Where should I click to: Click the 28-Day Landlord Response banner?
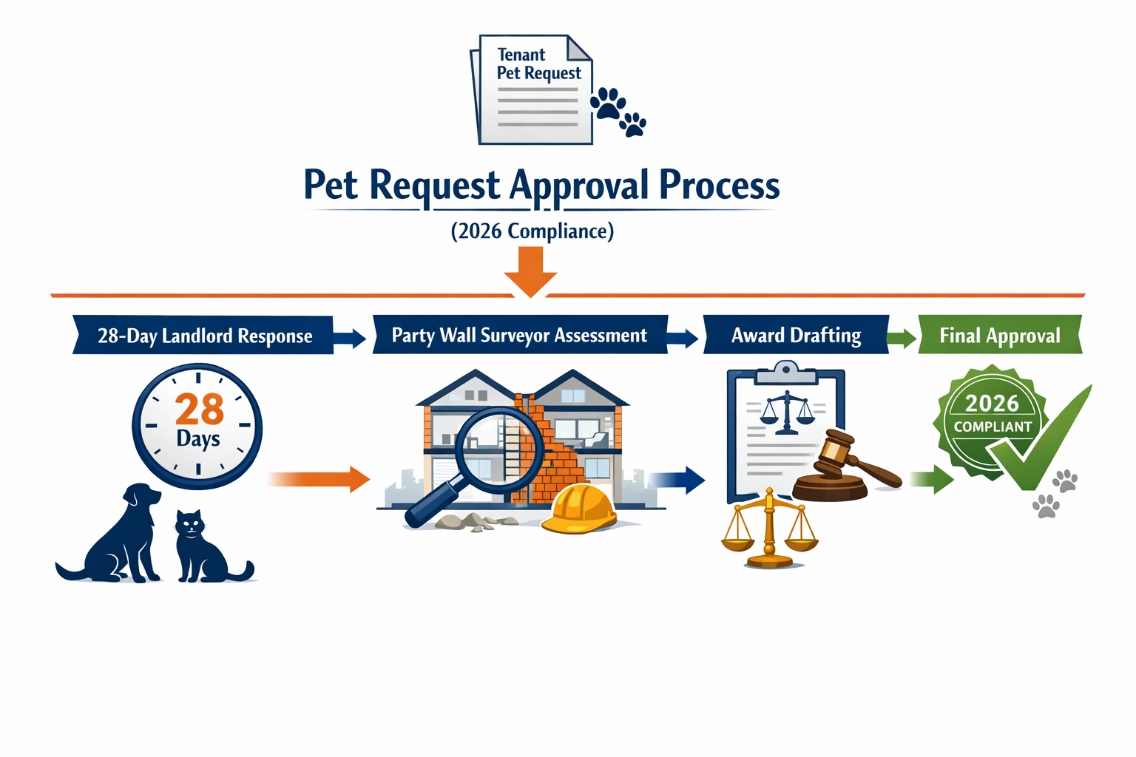click(x=204, y=336)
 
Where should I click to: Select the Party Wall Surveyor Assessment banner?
click(x=519, y=335)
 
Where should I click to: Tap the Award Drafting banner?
click(x=796, y=335)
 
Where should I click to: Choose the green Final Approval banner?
click(x=999, y=336)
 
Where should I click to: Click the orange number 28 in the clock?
click(x=199, y=409)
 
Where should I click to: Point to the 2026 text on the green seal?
click(x=992, y=403)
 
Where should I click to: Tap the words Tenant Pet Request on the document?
click(x=538, y=64)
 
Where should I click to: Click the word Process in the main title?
click(x=719, y=185)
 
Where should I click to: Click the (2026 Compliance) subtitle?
click(x=532, y=231)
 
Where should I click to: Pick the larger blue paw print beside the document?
click(x=608, y=103)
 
